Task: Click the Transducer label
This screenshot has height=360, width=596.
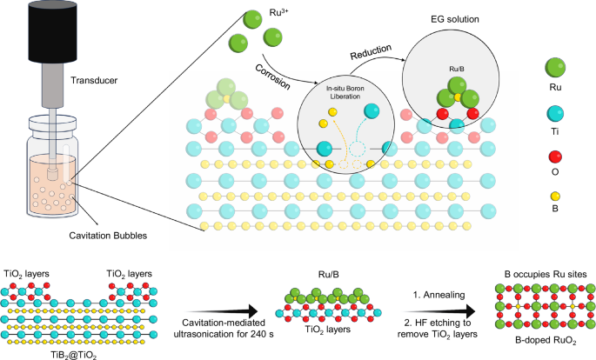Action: click(94, 81)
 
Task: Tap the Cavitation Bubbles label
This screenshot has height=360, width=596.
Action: click(108, 236)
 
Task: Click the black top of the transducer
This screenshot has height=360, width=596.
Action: click(52, 31)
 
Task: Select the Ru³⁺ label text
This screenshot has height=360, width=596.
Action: click(279, 12)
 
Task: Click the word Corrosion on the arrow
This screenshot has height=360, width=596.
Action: click(272, 77)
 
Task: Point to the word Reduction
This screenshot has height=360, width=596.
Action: click(371, 52)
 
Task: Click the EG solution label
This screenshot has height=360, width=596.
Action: click(454, 19)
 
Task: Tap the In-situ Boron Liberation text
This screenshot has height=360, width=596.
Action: click(345, 93)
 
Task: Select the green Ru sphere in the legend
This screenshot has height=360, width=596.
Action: click(555, 69)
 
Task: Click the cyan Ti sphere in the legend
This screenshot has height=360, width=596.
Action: click(555, 114)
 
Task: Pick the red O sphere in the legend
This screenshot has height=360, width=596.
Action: click(555, 157)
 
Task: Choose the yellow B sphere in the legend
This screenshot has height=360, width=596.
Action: click(555, 197)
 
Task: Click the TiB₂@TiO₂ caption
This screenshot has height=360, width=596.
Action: click(74, 355)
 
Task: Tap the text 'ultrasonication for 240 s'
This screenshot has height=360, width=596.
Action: click(224, 334)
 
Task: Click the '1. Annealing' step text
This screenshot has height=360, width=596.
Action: click(439, 295)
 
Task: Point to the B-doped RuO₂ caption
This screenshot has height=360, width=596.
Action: click(546, 341)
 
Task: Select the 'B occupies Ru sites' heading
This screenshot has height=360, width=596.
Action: click(546, 274)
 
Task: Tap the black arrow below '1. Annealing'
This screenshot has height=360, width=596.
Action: click(441, 312)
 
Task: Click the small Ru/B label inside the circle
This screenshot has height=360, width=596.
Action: click(457, 69)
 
